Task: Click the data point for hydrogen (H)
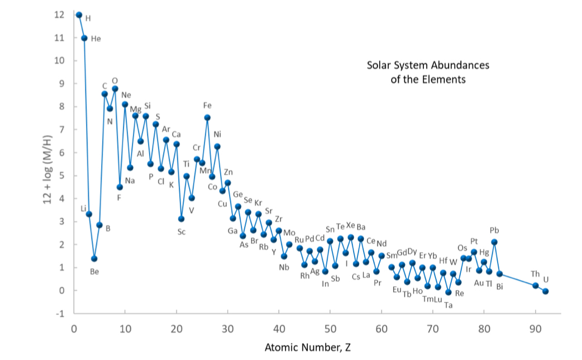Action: click(79, 15)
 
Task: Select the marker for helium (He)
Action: click(84, 38)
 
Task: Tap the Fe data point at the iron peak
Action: click(207, 117)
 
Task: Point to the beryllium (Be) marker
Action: click(94, 259)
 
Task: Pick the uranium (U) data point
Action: click(546, 291)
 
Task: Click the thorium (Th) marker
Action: click(535, 286)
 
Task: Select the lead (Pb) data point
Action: click(494, 242)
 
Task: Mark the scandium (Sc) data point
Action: click(182, 219)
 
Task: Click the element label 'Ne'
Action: click(126, 95)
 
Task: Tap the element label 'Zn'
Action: click(228, 172)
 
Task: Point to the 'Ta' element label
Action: click(448, 305)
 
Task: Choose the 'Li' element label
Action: click(83, 208)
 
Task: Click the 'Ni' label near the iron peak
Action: click(217, 134)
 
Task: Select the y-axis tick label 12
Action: click(60, 15)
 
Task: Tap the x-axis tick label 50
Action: click(330, 328)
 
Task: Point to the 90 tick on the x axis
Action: click(535, 328)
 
